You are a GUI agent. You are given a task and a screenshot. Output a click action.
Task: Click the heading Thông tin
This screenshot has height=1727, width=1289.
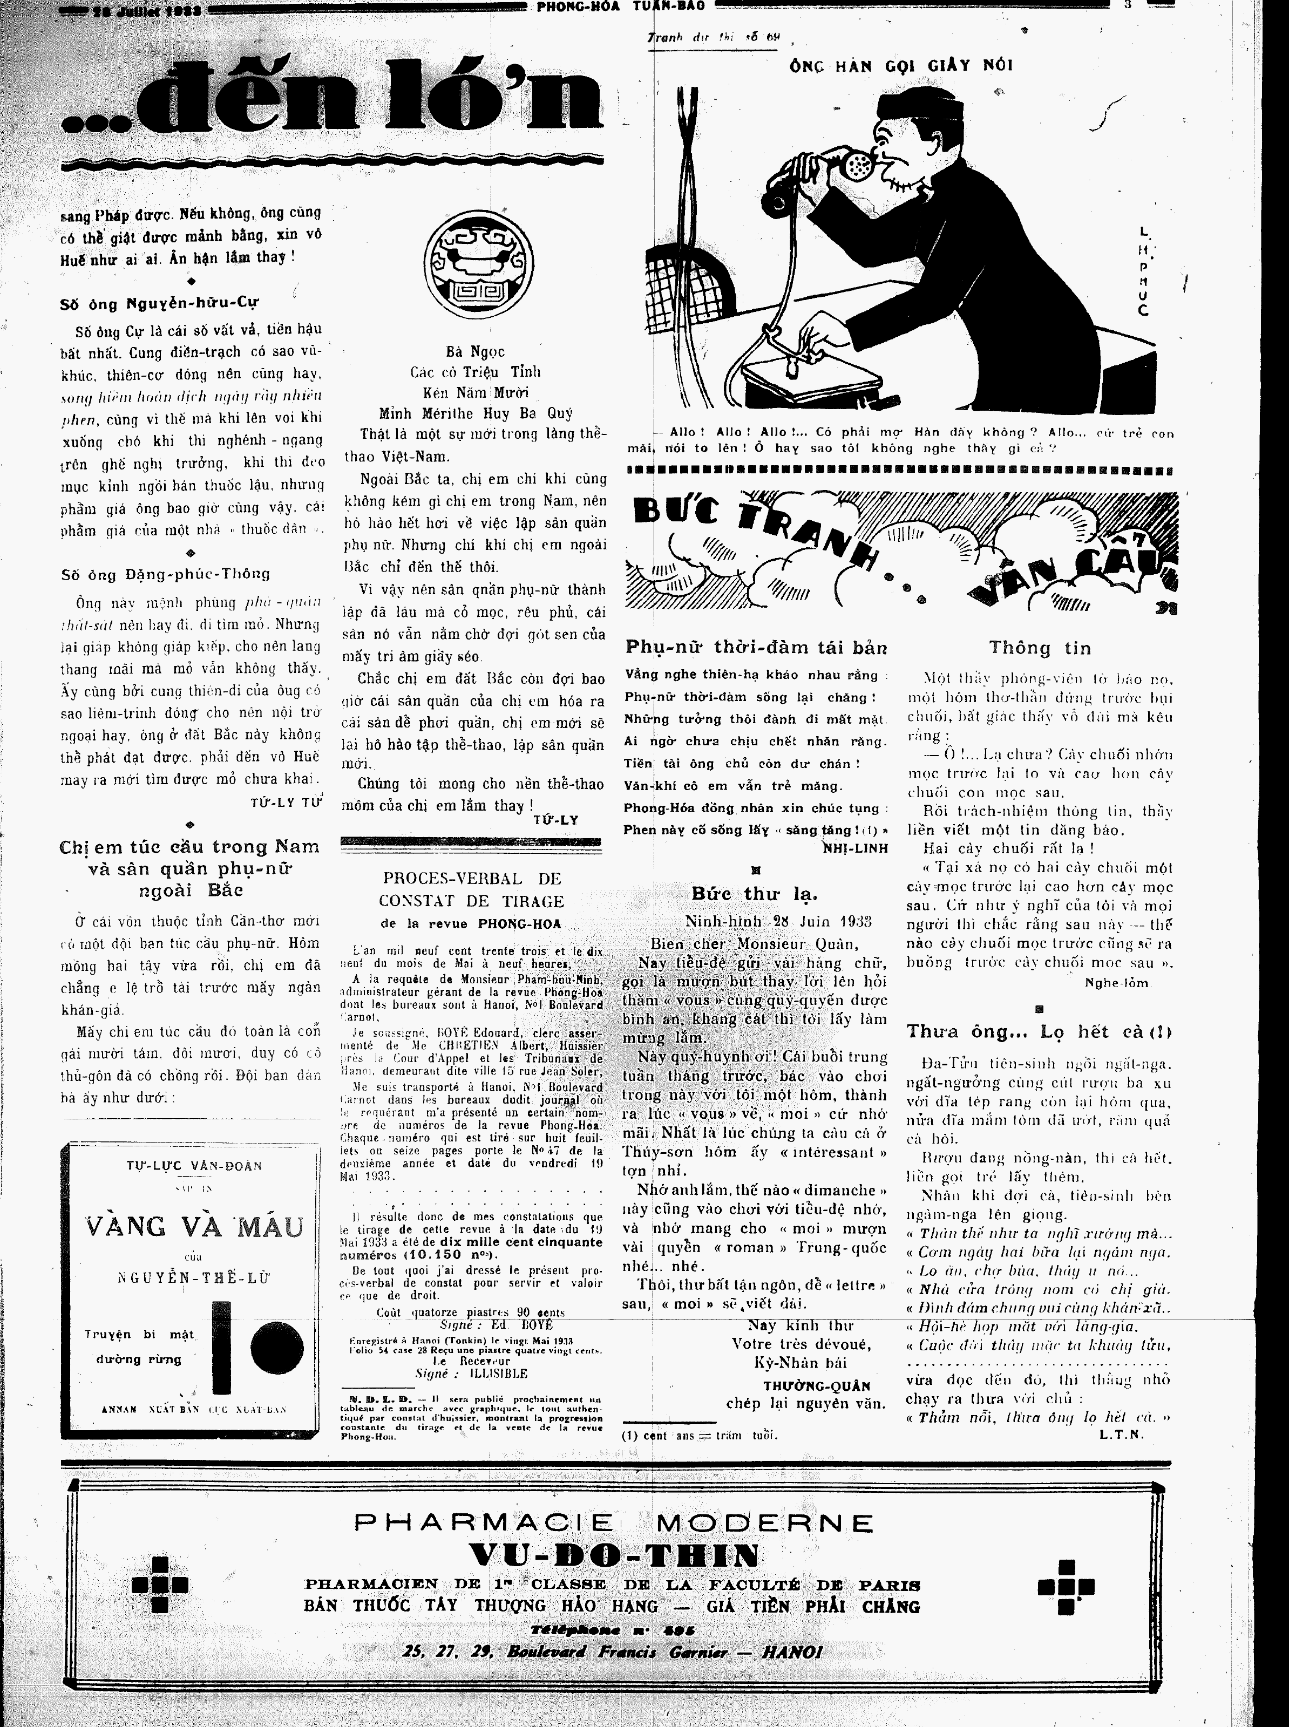1040,648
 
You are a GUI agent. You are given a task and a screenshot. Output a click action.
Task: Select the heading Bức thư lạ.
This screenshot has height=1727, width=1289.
755,893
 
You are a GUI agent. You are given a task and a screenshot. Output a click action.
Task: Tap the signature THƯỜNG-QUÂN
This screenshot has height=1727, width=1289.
816,1385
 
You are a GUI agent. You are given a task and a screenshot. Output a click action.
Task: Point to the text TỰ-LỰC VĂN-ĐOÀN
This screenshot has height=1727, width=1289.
194,1166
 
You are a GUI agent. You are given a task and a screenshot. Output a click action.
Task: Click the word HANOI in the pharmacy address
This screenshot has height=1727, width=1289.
791,1651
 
